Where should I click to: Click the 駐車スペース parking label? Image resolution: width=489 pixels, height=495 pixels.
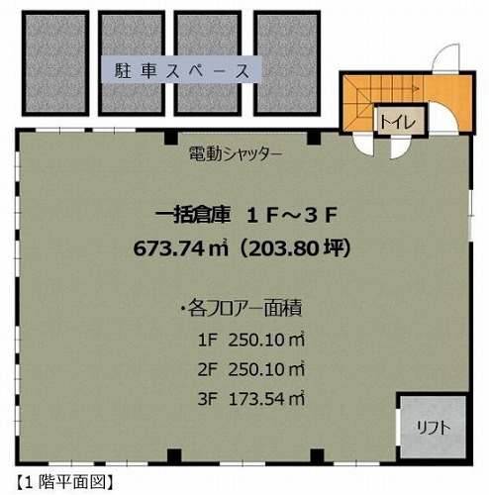pyautogui.click(x=181, y=70)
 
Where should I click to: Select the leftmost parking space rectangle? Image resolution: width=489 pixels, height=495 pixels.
pyautogui.click(x=55, y=63)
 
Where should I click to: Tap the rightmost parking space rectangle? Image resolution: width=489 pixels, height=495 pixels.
pyautogui.click(x=287, y=63)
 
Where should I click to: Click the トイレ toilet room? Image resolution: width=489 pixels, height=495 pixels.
pyautogui.click(x=399, y=122)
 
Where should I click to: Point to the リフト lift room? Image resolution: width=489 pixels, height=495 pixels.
pyautogui.click(x=434, y=428)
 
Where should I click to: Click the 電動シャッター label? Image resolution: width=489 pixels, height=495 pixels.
pyautogui.click(x=236, y=153)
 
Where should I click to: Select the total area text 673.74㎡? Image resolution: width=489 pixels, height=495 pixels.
pyautogui.click(x=180, y=247)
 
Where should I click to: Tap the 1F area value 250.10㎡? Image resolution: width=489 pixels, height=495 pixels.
pyautogui.click(x=266, y=340)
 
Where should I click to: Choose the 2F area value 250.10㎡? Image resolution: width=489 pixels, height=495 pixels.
pyautogui.click(x=266, y=369)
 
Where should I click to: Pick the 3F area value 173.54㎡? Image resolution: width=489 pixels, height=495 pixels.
pyautogui.click(x=266, y=399)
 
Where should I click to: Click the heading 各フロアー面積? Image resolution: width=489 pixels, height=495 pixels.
pyautogui.click(x=244, y=309)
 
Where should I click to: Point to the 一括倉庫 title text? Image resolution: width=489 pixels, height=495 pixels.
pyautogui.click(x=192, y=215)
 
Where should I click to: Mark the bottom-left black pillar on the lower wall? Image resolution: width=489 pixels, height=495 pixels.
pyautogui.click(x=174, y=456)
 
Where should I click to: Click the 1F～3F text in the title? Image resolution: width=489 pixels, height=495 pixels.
pyautogui.click(x=292, y=215)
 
